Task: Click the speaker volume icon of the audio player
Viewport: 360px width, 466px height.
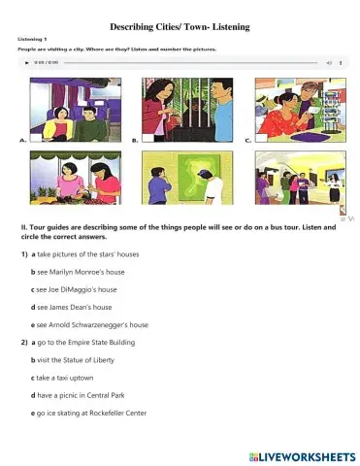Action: point(329,61)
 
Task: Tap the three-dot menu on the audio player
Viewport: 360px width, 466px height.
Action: point(344,61)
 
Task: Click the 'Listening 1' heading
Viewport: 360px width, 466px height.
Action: point(34,39)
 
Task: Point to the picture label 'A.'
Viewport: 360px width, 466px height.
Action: point(23,141)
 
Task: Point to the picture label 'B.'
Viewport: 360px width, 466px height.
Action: point(135,141)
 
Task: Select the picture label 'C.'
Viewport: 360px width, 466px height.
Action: point(248,141)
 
